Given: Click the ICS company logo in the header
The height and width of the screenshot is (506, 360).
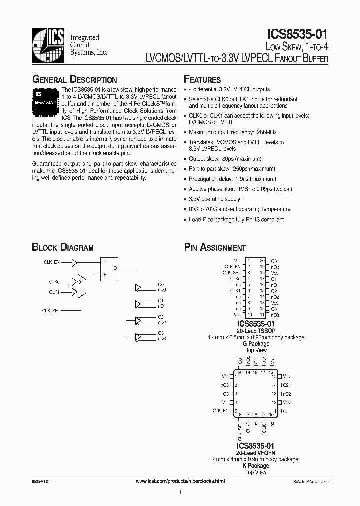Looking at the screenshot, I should click(48, 44).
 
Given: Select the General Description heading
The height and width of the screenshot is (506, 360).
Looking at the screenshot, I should click(75, 80).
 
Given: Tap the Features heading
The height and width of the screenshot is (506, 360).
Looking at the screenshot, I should click(202, 80).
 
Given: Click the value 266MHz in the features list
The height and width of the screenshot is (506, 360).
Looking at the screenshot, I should click(266, 132).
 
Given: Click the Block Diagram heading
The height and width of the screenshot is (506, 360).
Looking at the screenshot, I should click(63, 247).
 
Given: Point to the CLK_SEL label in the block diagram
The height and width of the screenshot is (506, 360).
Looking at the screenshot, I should click(51, 310).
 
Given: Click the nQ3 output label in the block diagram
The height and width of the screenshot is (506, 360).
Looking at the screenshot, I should click(162, 339).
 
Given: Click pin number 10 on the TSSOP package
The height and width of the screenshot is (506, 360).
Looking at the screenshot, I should click(248, 315).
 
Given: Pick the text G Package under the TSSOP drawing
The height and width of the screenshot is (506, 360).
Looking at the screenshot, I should click(256, 344).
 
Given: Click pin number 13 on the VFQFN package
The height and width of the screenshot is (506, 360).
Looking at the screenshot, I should click(274, 394).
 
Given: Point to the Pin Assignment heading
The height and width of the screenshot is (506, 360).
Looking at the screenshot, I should click(215, 247).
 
